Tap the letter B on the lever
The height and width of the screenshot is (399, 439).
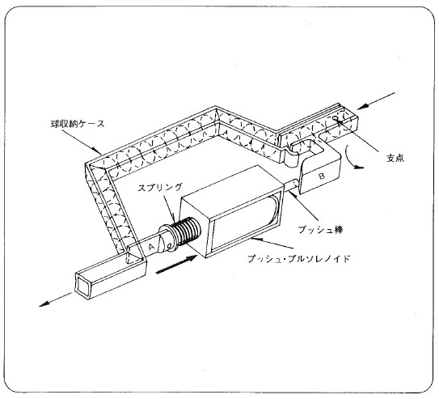[x=323, y=173]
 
